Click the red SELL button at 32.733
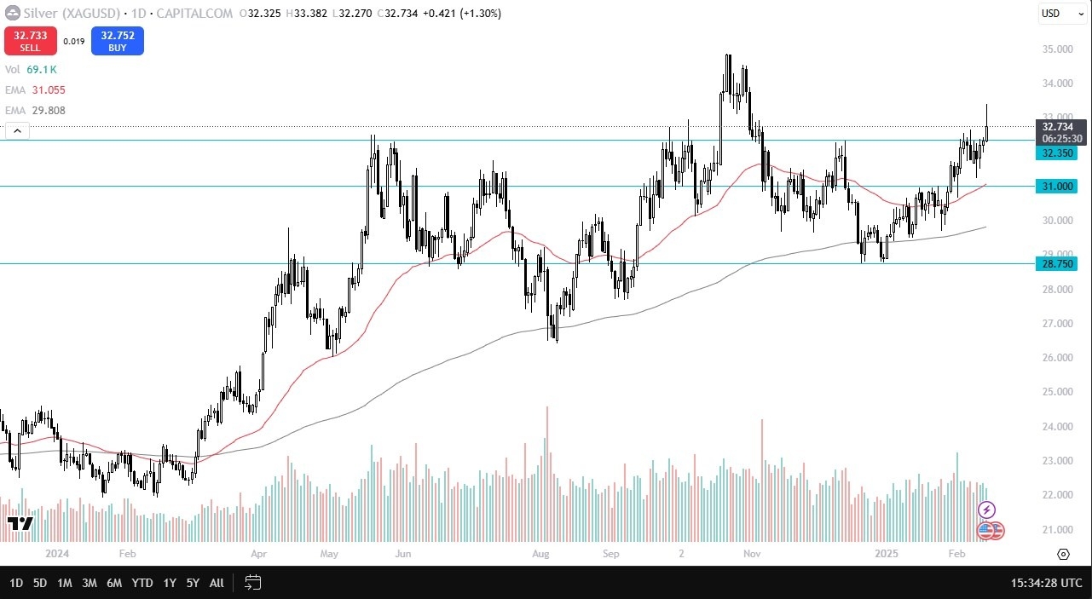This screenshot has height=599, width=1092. (31, 41)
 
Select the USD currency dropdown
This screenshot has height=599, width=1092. (1061, 14)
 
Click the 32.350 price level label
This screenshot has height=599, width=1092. (1057, 153)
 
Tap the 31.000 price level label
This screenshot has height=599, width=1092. (1057, 187)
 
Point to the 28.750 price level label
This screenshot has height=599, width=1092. (1057, 264)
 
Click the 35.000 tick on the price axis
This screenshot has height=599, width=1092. (1057, 49)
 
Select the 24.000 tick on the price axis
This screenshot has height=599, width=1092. (1057, 427)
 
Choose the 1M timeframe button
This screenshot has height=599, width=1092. (65, 583)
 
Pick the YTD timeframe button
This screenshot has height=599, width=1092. (142, 583)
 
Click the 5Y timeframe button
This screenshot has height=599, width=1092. (193, 583)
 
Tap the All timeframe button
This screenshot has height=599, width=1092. (217, 583)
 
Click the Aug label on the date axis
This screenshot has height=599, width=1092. (540, 553)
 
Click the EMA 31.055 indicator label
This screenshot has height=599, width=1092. (35, 90)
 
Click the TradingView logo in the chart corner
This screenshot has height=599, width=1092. (19, 523)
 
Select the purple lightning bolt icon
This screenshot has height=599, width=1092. (986, 510)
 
